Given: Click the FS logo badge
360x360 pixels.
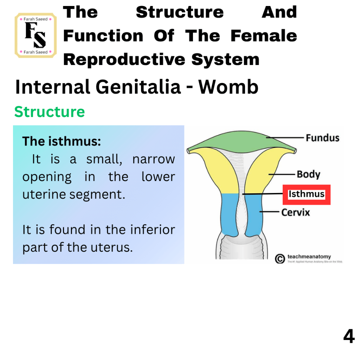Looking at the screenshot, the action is click(x=36, y=36).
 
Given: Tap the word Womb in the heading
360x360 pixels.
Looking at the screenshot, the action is click(x=229, y=87).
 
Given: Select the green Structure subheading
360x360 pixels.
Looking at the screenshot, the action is click(x=50, y=112).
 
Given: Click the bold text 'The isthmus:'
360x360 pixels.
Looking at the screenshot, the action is click(x=62, y=141).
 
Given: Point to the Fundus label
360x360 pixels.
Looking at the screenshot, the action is click(x=323, y=138).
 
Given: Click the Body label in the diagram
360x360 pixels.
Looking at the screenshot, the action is click(x=309, y=174).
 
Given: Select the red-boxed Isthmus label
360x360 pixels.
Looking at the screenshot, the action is click(x=307, y=194).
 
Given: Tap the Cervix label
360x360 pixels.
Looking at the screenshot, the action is click(x=296, y=212).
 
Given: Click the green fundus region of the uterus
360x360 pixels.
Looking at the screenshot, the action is click(x=241, y=141).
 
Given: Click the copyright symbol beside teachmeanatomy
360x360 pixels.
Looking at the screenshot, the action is click(x=280, y=259).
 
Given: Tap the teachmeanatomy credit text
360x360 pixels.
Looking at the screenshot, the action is click(x=309, y=256).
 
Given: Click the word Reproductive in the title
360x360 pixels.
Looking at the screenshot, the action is click(x=124, y=60).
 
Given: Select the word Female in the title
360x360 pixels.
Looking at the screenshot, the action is click(x=264, y=36).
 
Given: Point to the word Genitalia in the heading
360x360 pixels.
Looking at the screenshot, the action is click(x=138, y=87).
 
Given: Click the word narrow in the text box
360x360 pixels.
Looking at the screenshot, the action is click(x=154, y=159).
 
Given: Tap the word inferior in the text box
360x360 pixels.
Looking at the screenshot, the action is click(x=153, y=230).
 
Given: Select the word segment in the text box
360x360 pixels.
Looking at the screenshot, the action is click(x=97, y=195).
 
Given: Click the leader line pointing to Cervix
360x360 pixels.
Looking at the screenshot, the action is click(x=269, y=211).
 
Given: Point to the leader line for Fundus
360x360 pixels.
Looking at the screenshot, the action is click(x=285, y=138).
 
